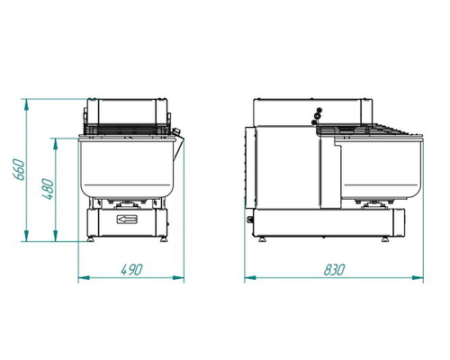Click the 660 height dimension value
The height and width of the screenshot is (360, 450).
[x=19, y=169]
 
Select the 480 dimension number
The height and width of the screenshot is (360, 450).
[x=48, y=189]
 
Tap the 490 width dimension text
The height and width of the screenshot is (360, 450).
[x=131, y=270]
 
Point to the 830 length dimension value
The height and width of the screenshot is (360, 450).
[x=335, y=270]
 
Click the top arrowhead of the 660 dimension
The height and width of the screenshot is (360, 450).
[x=26, y=104]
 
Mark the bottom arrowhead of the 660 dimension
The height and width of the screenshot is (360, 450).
[x=26, y=236]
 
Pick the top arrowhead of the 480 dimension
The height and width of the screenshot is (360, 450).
[x=55, y=144]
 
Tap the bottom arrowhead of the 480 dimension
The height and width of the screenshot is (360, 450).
[x=55, y=236]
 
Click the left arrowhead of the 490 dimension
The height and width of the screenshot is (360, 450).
[x=84, y=278]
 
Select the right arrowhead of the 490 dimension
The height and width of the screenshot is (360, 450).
[x=178, y=278]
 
